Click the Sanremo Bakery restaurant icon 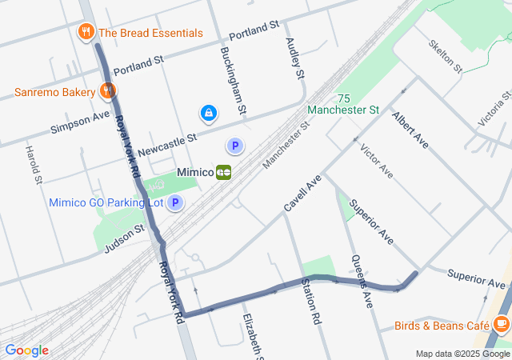(x=106, y=91)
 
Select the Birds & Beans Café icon (x=502, y=325)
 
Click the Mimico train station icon (x=224, y=172)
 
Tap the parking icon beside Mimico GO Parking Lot (x=175, y=202)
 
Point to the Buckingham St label (x=231, y=79)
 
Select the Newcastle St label (x=167, y=145)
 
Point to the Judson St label (x=124, y=238)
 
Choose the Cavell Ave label (x=302, y=193)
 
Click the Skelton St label (x=446, y=56)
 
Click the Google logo (x=26, y=350)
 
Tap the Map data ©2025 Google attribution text (x=462, y=354)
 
